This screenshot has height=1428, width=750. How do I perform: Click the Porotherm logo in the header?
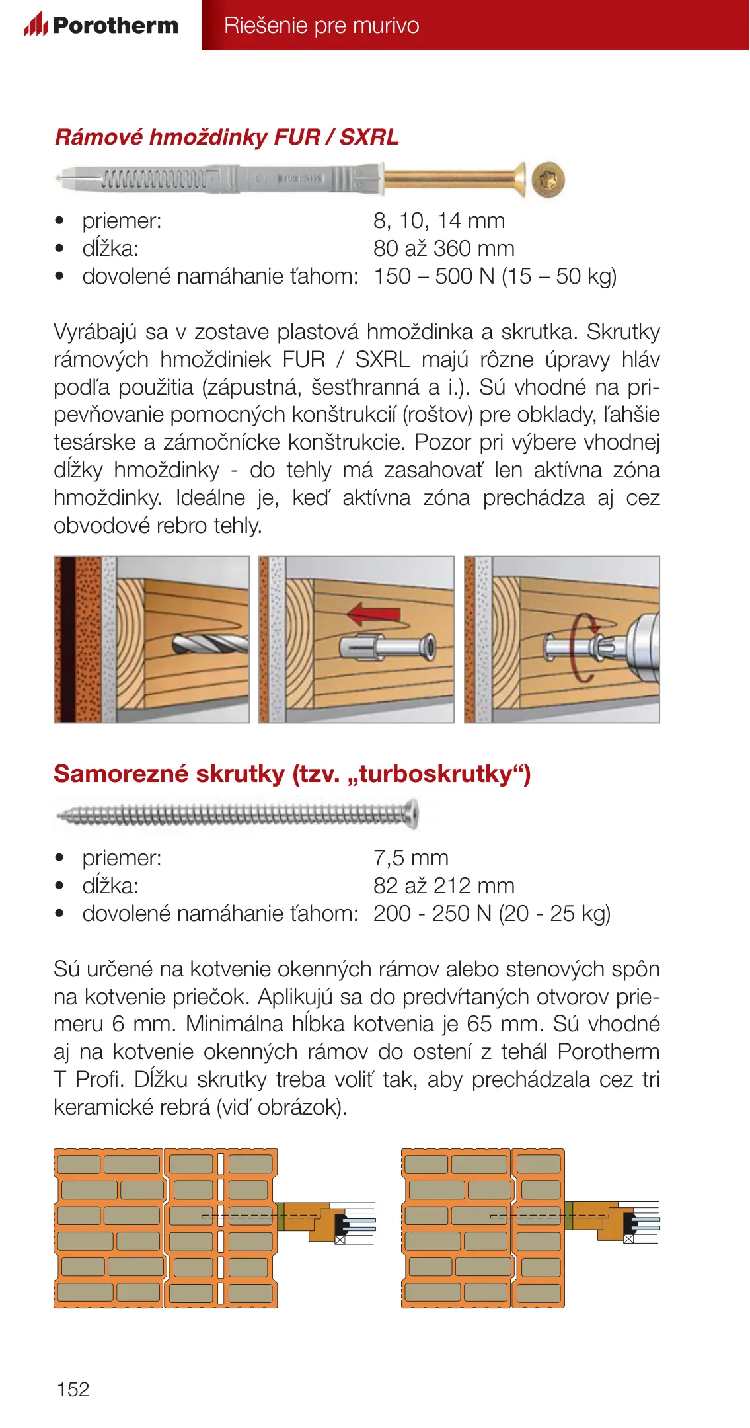[x=101, y=25]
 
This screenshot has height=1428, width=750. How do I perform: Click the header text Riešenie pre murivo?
[x=321, y=25]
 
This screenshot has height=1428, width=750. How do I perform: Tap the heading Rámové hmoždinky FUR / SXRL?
[x=227, y=137]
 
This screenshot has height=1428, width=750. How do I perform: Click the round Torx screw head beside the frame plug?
[x=548, y=180]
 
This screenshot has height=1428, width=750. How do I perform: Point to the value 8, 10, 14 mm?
[x=439, y=220]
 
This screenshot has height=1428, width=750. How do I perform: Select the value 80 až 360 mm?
[x=443, y=249]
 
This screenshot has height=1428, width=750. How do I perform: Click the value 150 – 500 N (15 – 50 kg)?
[x=495, y=276]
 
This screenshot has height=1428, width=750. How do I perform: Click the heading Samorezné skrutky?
[x=292, y=773]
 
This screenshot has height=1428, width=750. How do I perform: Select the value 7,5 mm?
[x=410, y=858]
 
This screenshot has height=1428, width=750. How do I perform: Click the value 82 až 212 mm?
[x=443, y=886]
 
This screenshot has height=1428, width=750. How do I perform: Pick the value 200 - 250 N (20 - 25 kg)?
[x=492, y=914]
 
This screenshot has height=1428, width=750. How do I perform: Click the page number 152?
[x=73, y=1389]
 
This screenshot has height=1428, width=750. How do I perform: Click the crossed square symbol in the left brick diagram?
[x=340, y=1240]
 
